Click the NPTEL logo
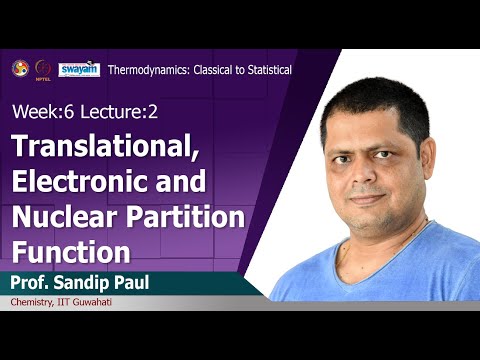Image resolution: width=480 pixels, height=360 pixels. click(44, 68)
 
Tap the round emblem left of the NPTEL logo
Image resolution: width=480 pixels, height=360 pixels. click(19, 67)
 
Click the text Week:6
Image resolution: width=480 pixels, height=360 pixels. click(41, 108)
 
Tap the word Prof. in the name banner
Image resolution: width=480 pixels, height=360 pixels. click(34, 281)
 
